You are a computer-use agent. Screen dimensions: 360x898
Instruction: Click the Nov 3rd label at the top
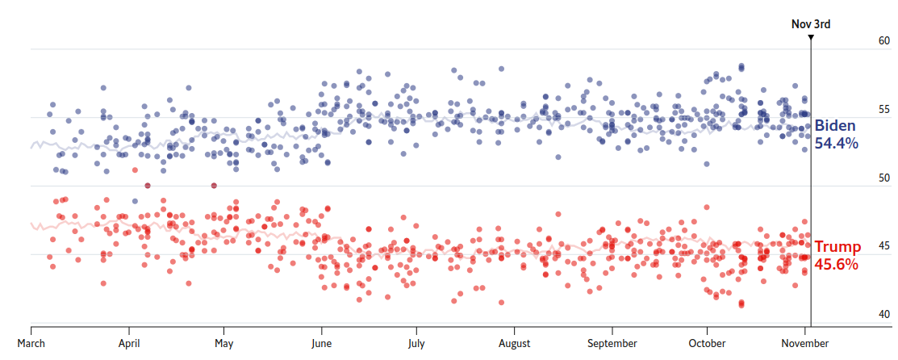pyautogui.click(x=810, y=23)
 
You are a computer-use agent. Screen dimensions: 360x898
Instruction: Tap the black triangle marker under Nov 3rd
pyautogui.click(x=811, y=36)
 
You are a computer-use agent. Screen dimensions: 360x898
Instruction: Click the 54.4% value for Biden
pyautogui.click(x=836, y=144)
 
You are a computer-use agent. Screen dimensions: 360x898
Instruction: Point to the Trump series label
pyautogui.click(x=837, y=247)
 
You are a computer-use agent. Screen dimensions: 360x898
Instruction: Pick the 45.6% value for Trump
pyautogui.click(x=836, y=264)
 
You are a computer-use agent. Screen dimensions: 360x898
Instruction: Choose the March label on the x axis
pyautogui.click(x=31, y=343)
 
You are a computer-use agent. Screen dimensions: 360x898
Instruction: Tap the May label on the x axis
pyautogui.click(x=224, y=343)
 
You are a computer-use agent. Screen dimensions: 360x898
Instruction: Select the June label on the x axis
pyautogui.click(x=321, y=343)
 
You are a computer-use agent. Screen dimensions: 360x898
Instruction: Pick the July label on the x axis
pyautogui.click(x=416, y=343)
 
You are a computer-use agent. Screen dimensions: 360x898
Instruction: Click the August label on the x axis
pyautogui.click(x=514, y=343)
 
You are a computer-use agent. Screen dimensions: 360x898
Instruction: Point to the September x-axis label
pyautogui.click(x=612, y=343)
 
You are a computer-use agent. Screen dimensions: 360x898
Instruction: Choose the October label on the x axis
pyautogui.click(x=707, y=343)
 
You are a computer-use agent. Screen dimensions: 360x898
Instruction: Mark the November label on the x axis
pyautogui.click(x=804, y=343)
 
